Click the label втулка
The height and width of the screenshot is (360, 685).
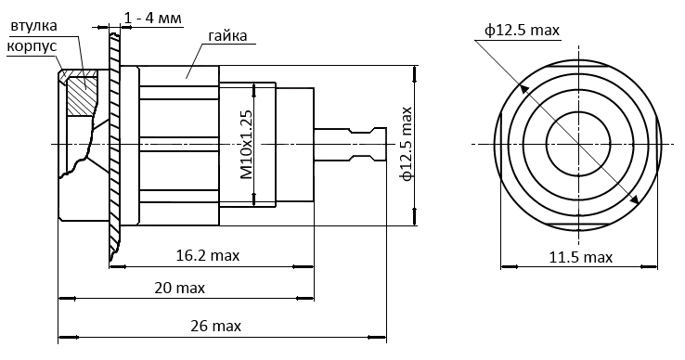point(34,26)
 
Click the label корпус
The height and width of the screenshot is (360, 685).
point(32,46)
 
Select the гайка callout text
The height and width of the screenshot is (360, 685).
point(227,35)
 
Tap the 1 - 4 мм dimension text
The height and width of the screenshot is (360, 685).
point(152,19)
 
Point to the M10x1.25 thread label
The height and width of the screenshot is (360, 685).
point(246,145)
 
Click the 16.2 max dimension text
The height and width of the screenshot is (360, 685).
point(208,255)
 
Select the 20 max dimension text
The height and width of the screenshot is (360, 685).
point(179,288)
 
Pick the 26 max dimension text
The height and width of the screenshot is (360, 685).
point(216,326)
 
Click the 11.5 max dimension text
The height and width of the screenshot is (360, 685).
point(581,257)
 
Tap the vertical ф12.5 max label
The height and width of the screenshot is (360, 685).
point(407,144)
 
